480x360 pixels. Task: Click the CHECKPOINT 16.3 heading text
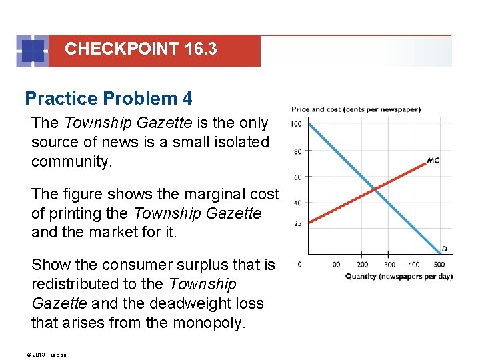(141, 49)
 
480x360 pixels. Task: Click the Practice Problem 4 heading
(108, 99)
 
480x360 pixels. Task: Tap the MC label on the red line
(433, 161)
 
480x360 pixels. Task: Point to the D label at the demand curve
(444, 249)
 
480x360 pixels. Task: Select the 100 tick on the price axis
(295, 124)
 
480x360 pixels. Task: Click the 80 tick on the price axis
(297, 151)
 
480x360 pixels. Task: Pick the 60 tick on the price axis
(297, 177)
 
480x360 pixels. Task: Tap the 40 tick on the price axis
(297, 203)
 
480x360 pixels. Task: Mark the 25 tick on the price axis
(297, 223)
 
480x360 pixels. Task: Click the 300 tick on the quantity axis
(389, 265)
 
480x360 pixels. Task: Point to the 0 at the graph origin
(299, 265)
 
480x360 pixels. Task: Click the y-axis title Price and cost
(355, 109)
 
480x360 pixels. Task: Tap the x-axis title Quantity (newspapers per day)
(399, 277)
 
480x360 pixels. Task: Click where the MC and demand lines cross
(376, 189)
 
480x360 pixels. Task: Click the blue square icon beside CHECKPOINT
(33, 51)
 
